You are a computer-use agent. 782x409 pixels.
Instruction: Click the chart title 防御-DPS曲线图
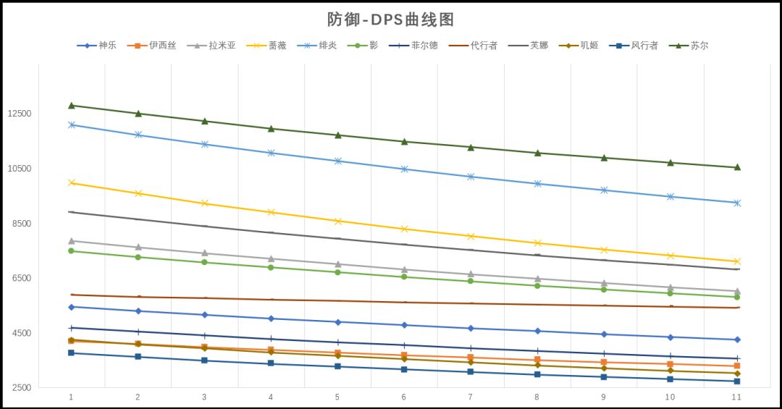point(390,20)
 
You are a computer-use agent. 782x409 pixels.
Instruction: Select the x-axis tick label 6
point(403,397)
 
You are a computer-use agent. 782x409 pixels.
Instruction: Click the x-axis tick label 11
point(736,397)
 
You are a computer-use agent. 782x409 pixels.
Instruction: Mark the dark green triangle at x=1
point(71,106)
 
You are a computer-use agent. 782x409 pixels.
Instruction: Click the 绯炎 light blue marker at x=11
point(737,203)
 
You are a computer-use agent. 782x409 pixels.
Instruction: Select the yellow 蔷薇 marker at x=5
point(337,221)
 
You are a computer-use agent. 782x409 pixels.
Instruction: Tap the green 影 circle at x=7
point(471,281)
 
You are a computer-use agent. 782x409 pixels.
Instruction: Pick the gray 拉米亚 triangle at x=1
point(71,240)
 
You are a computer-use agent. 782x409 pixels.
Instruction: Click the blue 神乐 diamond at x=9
point(604,334)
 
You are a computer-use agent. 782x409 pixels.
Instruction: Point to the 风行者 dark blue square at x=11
point(737,381)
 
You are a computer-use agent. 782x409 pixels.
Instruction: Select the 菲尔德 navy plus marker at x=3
point(204,335)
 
